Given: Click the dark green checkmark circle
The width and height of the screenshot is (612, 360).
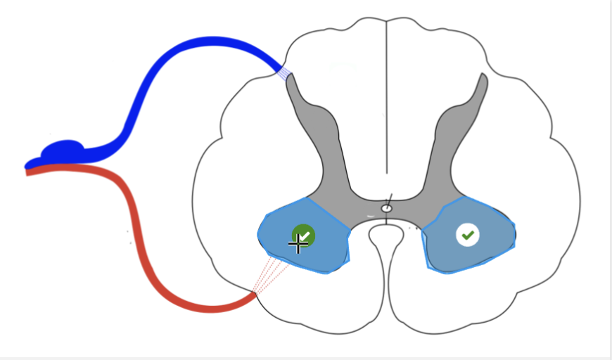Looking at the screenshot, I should click(303, 235).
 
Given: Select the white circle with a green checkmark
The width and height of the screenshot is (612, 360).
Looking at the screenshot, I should click(467, 235).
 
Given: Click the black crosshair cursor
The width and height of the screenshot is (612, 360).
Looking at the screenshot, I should click(298, 245).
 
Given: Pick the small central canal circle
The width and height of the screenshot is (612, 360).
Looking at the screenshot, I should click(386, 208).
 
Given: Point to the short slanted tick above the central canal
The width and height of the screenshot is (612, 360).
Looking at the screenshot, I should click(387, 198).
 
